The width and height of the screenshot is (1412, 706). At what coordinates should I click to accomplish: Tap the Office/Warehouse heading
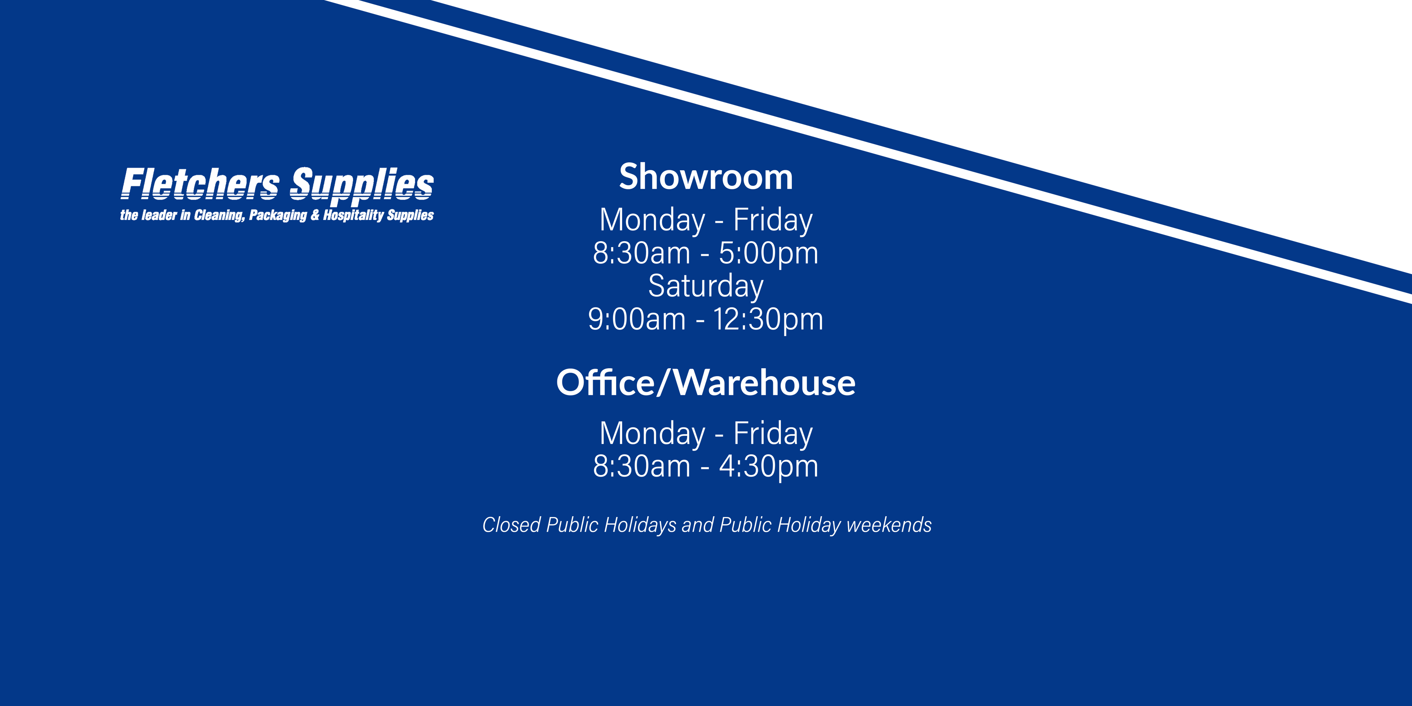click(706, 382)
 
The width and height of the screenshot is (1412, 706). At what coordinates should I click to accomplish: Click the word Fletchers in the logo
click(200, 184)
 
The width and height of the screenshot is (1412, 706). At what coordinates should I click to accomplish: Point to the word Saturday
click(706, 286)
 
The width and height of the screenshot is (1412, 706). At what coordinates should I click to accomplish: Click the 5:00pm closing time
click(768, 254)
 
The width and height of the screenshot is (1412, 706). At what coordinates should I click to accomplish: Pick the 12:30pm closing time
click(768, 320)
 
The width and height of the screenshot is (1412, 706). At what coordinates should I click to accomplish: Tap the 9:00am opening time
click(637, 320)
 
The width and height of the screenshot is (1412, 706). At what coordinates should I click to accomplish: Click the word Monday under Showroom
click(652, 220)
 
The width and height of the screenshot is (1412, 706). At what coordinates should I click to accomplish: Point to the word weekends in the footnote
click(889, 525)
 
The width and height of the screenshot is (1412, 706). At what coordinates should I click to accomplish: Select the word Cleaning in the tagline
click(219, 215)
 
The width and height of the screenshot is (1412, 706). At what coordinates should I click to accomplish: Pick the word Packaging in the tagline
click(278, 215)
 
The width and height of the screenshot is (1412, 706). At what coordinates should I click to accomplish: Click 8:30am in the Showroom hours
click(641, 254)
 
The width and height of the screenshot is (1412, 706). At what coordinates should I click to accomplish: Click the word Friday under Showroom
click(773, 220)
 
